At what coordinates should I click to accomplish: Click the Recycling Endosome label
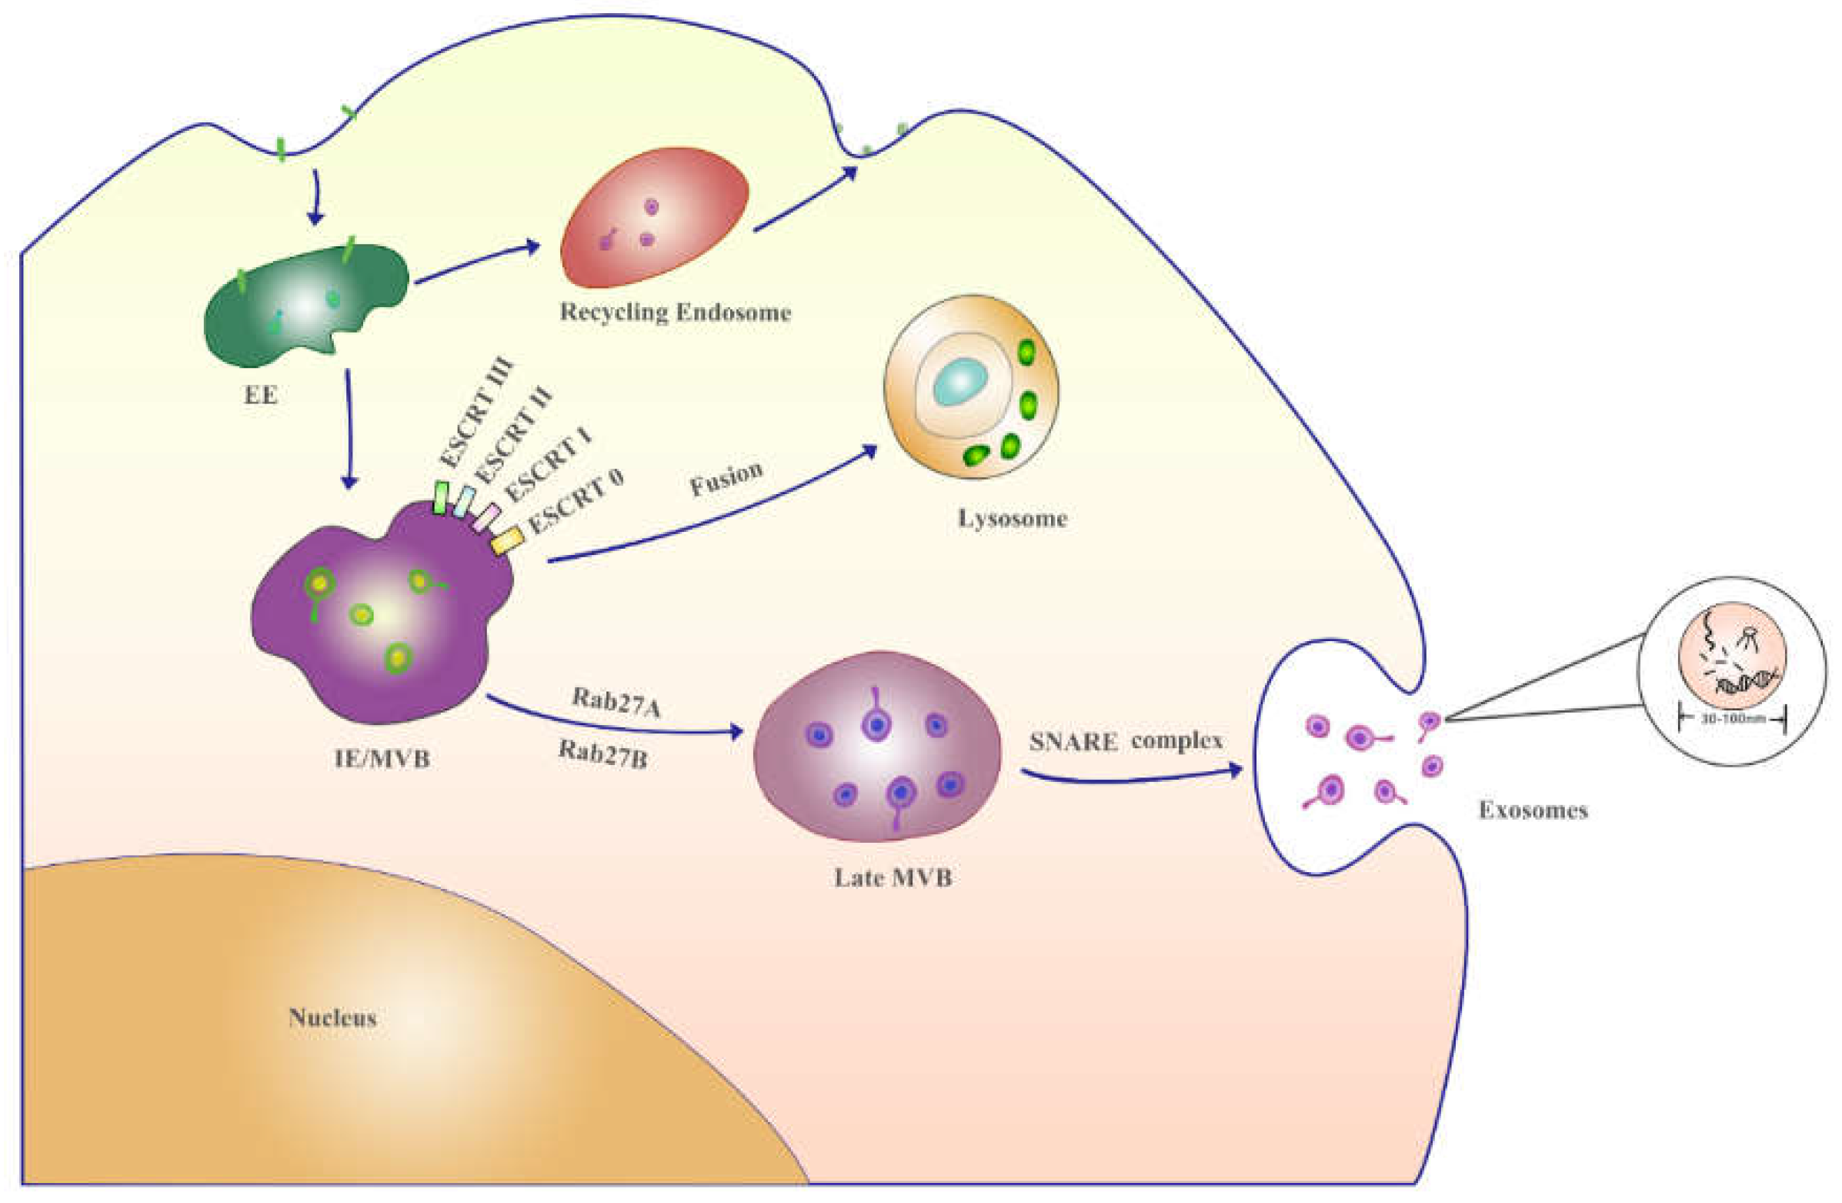coord(675,312)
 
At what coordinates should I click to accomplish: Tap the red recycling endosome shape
coord(654,219)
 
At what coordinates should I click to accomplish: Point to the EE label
coord(261,396)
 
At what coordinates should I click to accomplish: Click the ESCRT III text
coord(476,412)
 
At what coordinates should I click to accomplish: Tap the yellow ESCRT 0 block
coord(508,539)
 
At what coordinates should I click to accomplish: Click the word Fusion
coord(726,479)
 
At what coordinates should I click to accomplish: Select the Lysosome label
coord(1013,518)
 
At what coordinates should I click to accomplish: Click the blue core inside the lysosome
coord(959,383)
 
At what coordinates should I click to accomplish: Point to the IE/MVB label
coord(382,758)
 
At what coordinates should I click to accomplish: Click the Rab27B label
coord(603,754)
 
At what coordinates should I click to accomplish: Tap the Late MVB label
coord(893,878)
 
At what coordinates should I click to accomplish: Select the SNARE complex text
coord(1126,742)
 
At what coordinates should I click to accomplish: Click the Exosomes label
coord(1533,810)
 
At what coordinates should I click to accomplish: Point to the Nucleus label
coord(333,1018)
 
